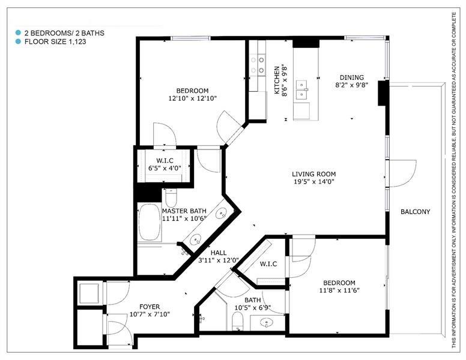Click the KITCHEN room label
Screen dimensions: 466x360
[277, 80]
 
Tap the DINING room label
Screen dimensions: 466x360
[351, 77]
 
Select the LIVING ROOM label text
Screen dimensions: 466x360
[314, 174]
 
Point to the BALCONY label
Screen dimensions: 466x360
[415, 212]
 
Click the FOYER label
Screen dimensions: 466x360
[150, 307]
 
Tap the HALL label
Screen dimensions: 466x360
[219, 253]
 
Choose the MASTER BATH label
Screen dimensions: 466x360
[184, 211]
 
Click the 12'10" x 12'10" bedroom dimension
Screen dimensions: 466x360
[192, 98]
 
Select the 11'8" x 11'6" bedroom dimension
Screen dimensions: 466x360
[339, 290]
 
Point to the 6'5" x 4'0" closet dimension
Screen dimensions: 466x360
[165, 168]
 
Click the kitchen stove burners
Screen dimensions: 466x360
[258, 65]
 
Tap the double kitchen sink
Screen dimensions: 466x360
[302, 90]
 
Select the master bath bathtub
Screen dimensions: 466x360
[150, 222]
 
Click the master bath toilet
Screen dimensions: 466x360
[171, 198]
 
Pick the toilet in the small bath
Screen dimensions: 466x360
[237, 322]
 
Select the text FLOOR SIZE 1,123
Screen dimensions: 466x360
[55, 41]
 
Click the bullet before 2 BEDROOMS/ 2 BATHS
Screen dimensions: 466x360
[19, 32]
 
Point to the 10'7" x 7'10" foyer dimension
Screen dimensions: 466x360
[150, 314]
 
